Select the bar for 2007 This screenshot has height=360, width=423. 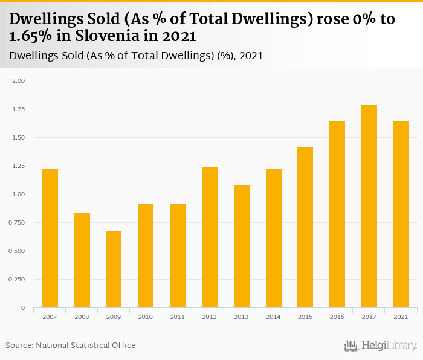[x=50, y=239]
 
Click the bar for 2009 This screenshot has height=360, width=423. [x=114, y=269]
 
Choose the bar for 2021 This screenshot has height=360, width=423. [x=401, y=214]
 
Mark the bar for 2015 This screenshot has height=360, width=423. [x=305, y=227]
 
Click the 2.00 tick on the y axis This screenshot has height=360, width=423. [x=19, y=80]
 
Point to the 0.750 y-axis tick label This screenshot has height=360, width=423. [x=18, y=223]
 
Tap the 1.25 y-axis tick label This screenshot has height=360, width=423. [x=19, y=166]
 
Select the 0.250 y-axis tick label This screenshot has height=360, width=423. [x=18, y=280]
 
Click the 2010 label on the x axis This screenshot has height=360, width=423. [x=146, y=317]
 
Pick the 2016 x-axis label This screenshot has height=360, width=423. [x=337, y=317]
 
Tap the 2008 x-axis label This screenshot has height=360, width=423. [x=82, y=317]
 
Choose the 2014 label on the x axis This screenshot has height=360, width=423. [x=273, y=317]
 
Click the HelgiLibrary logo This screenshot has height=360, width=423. [x=380, y=346]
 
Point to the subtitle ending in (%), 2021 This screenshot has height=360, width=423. [x=137, y=56]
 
